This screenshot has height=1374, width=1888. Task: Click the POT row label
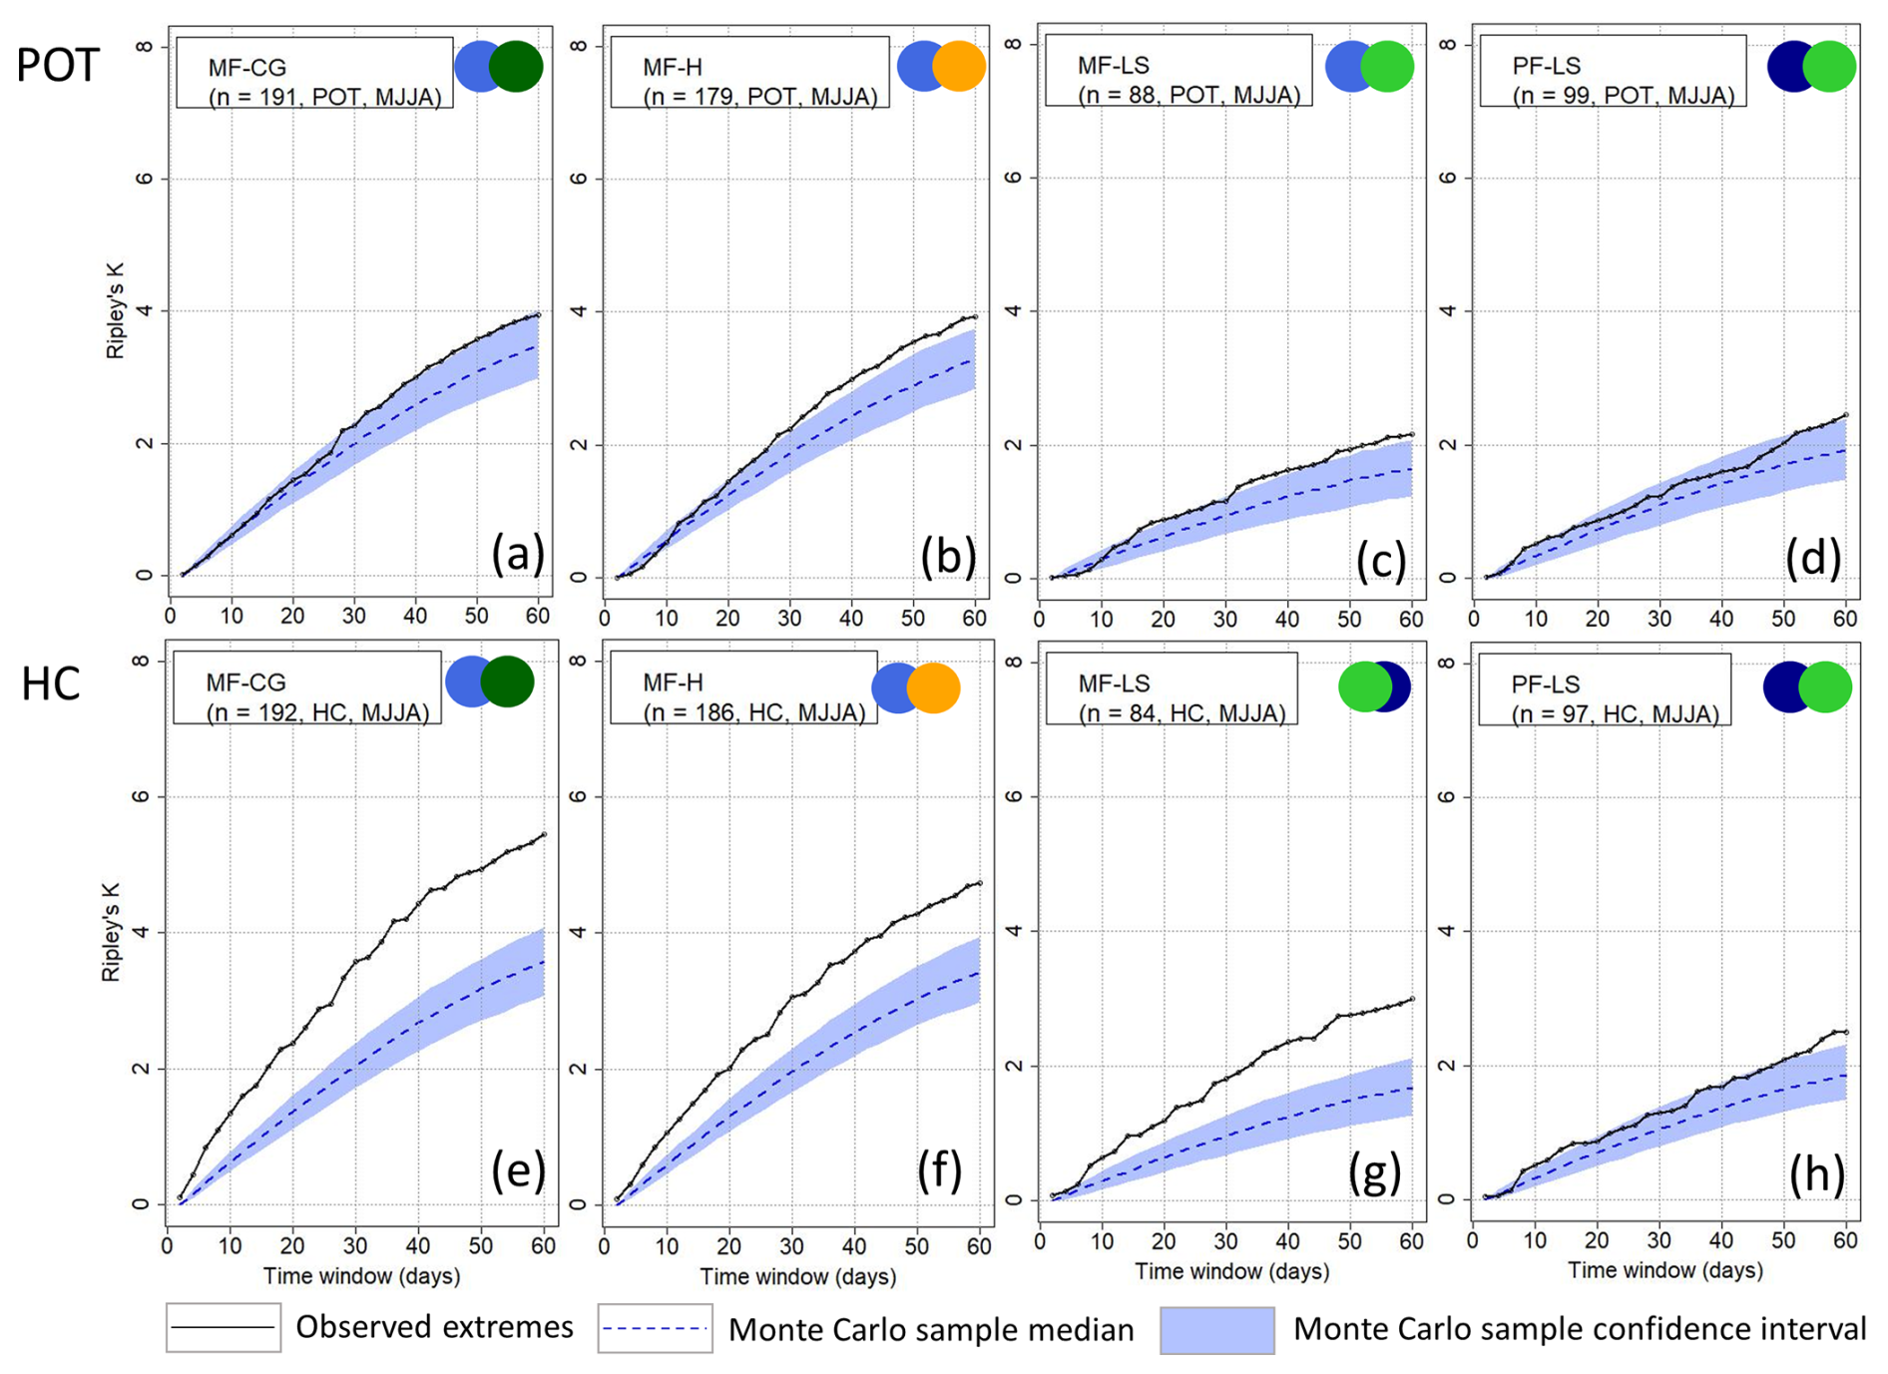[58, 66]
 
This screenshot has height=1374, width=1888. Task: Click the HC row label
[51, 685]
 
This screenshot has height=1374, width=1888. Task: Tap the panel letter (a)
[517, 555]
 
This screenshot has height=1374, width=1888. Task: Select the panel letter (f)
[939, 1170]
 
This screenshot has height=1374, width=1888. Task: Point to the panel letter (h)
[1815, 1174]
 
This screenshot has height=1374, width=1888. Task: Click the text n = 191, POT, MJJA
[325, 97]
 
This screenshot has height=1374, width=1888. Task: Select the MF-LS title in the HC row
[1114, 684]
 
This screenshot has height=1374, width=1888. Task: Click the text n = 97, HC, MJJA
[1615, 713]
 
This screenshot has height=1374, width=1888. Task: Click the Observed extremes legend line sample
[223, 1327]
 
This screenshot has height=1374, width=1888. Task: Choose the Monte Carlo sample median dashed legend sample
[655, 1328]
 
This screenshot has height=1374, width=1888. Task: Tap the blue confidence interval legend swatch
[1216, 1330]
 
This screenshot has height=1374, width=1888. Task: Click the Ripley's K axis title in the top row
[116, 312]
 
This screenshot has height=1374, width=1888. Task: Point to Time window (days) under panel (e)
[361, 1275]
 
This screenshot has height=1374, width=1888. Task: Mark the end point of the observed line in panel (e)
[544, 834]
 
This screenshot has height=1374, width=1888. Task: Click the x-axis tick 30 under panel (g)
[1224, 1241]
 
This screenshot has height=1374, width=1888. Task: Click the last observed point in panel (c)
[1412, 434]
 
